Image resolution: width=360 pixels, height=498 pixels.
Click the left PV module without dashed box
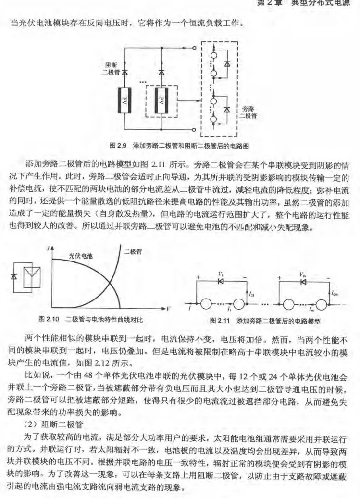(124, 101)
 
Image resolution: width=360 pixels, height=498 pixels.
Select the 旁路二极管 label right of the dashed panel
(249, 112)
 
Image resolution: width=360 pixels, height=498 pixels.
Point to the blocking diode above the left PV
(124, 73)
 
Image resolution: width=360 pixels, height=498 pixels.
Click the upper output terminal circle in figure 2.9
(193, 48)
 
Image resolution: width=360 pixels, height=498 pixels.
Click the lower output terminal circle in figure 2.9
(193, 129)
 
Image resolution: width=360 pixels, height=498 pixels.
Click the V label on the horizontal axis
(169, 308)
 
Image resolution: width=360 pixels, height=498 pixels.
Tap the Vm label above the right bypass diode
(302, 274)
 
